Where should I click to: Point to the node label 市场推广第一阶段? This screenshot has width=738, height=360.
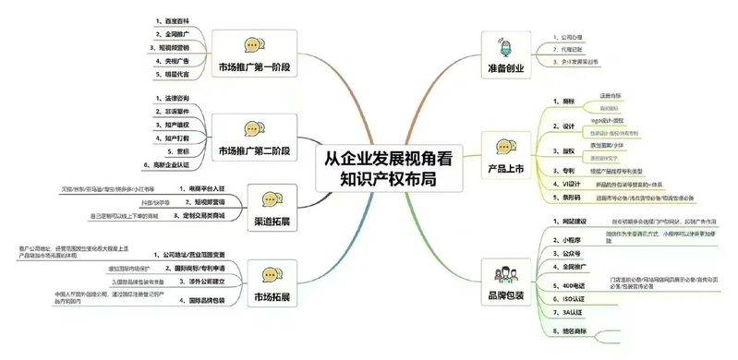pyautogui.click(x=251, y=67)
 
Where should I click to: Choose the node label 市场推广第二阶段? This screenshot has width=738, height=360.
pyautogui.click(x=253, y=150)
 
